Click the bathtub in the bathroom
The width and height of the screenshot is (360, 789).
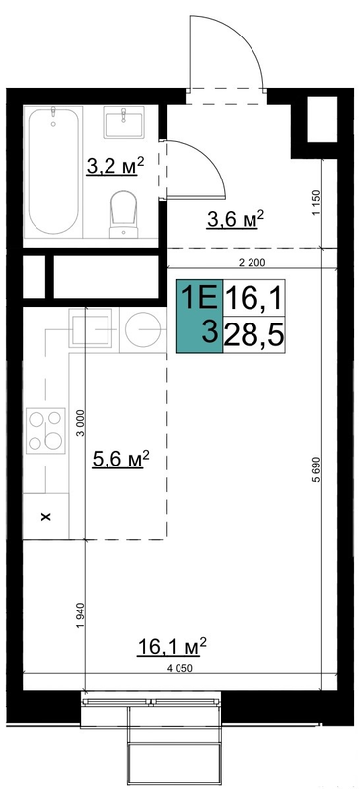click(x=53, y=171)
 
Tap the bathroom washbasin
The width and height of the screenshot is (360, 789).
click(x=124, y=121)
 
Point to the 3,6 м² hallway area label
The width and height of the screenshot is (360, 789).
click(x=236, y=219)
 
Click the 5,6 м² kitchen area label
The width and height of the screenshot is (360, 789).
click(x=121, y=459)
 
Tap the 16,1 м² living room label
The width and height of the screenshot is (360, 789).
click(x=172, y=647)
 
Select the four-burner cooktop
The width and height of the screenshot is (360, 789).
click(x=45, y=431)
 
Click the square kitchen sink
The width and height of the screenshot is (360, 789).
click(x=91, y=330)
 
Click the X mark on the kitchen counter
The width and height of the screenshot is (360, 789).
click(x=46, y=516)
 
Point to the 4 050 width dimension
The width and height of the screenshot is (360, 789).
click(x=180, y=668)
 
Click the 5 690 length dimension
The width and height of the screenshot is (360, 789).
click(x=317, y=473)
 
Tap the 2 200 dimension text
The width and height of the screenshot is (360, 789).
click(x=252, y=262)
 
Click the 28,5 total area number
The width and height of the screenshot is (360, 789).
click(x=253, y=334)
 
